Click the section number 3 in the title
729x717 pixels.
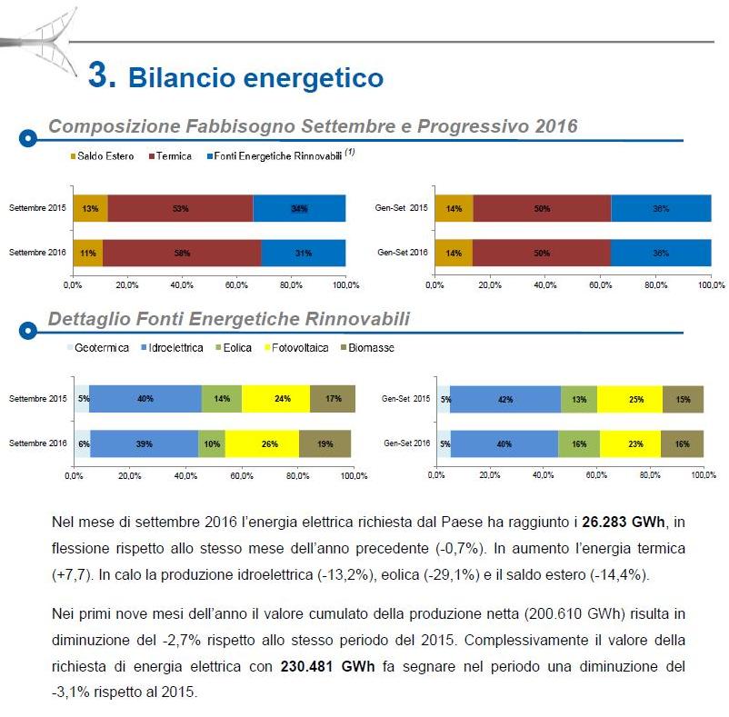click(x=101, y=75)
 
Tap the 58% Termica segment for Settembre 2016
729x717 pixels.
click(x=183, y=254)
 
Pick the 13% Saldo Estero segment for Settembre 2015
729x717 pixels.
click(x=90, y=208)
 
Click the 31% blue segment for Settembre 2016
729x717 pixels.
click(x=303, y=254)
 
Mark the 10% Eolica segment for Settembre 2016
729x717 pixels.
click(x=212, y=443)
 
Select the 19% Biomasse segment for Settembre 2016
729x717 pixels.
click(x=325, y=443)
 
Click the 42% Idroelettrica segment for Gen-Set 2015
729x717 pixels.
click(x=504, y=399)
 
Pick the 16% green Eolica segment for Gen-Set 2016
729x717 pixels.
click(x=579, y=443)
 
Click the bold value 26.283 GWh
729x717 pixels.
click(x=624, y=523)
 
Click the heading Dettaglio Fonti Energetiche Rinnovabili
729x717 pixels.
click(x=228, y=319)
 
